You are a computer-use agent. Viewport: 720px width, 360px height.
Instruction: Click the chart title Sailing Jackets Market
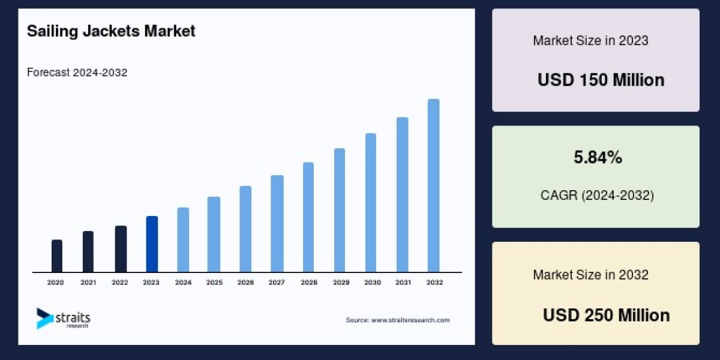click(111, 31)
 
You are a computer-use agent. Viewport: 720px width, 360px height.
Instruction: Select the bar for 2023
click(152, 244)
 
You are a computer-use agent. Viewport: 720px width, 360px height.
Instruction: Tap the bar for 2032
click(433, 185)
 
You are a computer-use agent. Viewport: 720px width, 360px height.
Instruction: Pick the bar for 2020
click(57, 256)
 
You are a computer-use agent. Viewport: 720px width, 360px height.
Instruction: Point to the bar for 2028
click(308, 217)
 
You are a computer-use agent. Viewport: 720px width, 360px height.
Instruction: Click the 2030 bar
click(371, 203)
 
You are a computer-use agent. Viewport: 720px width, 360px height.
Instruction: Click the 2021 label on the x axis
click(88, 282)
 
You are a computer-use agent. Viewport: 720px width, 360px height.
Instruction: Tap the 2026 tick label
click(245, 282)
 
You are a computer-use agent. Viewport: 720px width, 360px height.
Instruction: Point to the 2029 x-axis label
click(340, 282)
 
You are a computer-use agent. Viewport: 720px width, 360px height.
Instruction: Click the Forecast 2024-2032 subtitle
click(77, 73)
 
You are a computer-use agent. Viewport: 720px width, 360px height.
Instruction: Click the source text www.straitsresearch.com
click(398, 320)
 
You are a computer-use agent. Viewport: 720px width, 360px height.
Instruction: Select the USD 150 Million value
click(601, 80)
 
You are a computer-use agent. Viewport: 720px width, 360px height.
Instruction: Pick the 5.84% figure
click(598, 158)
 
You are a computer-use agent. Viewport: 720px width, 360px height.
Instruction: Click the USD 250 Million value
click(606, 315)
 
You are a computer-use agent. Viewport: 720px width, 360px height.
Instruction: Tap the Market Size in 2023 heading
click(590, 41)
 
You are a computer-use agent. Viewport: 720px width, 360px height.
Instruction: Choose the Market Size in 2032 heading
click(590, 275)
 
